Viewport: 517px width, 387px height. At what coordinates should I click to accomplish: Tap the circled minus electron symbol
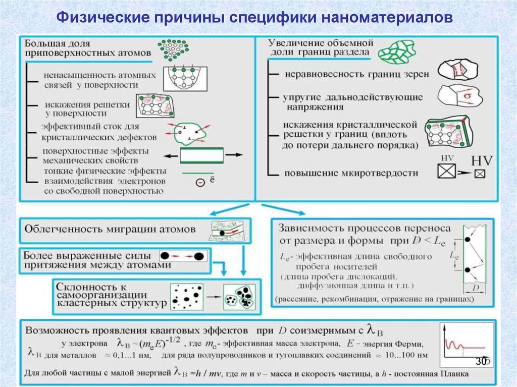pyautogui.click(x=200, y=183)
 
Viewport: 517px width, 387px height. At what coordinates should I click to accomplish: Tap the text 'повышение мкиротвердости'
pyautogui.click(x=351, y=173)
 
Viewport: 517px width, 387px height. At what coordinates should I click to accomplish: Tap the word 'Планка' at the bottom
pyautogui.click(x=454, y=374)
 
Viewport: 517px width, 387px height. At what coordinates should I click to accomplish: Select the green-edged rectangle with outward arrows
pyautogui.click(x=201, y=156)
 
